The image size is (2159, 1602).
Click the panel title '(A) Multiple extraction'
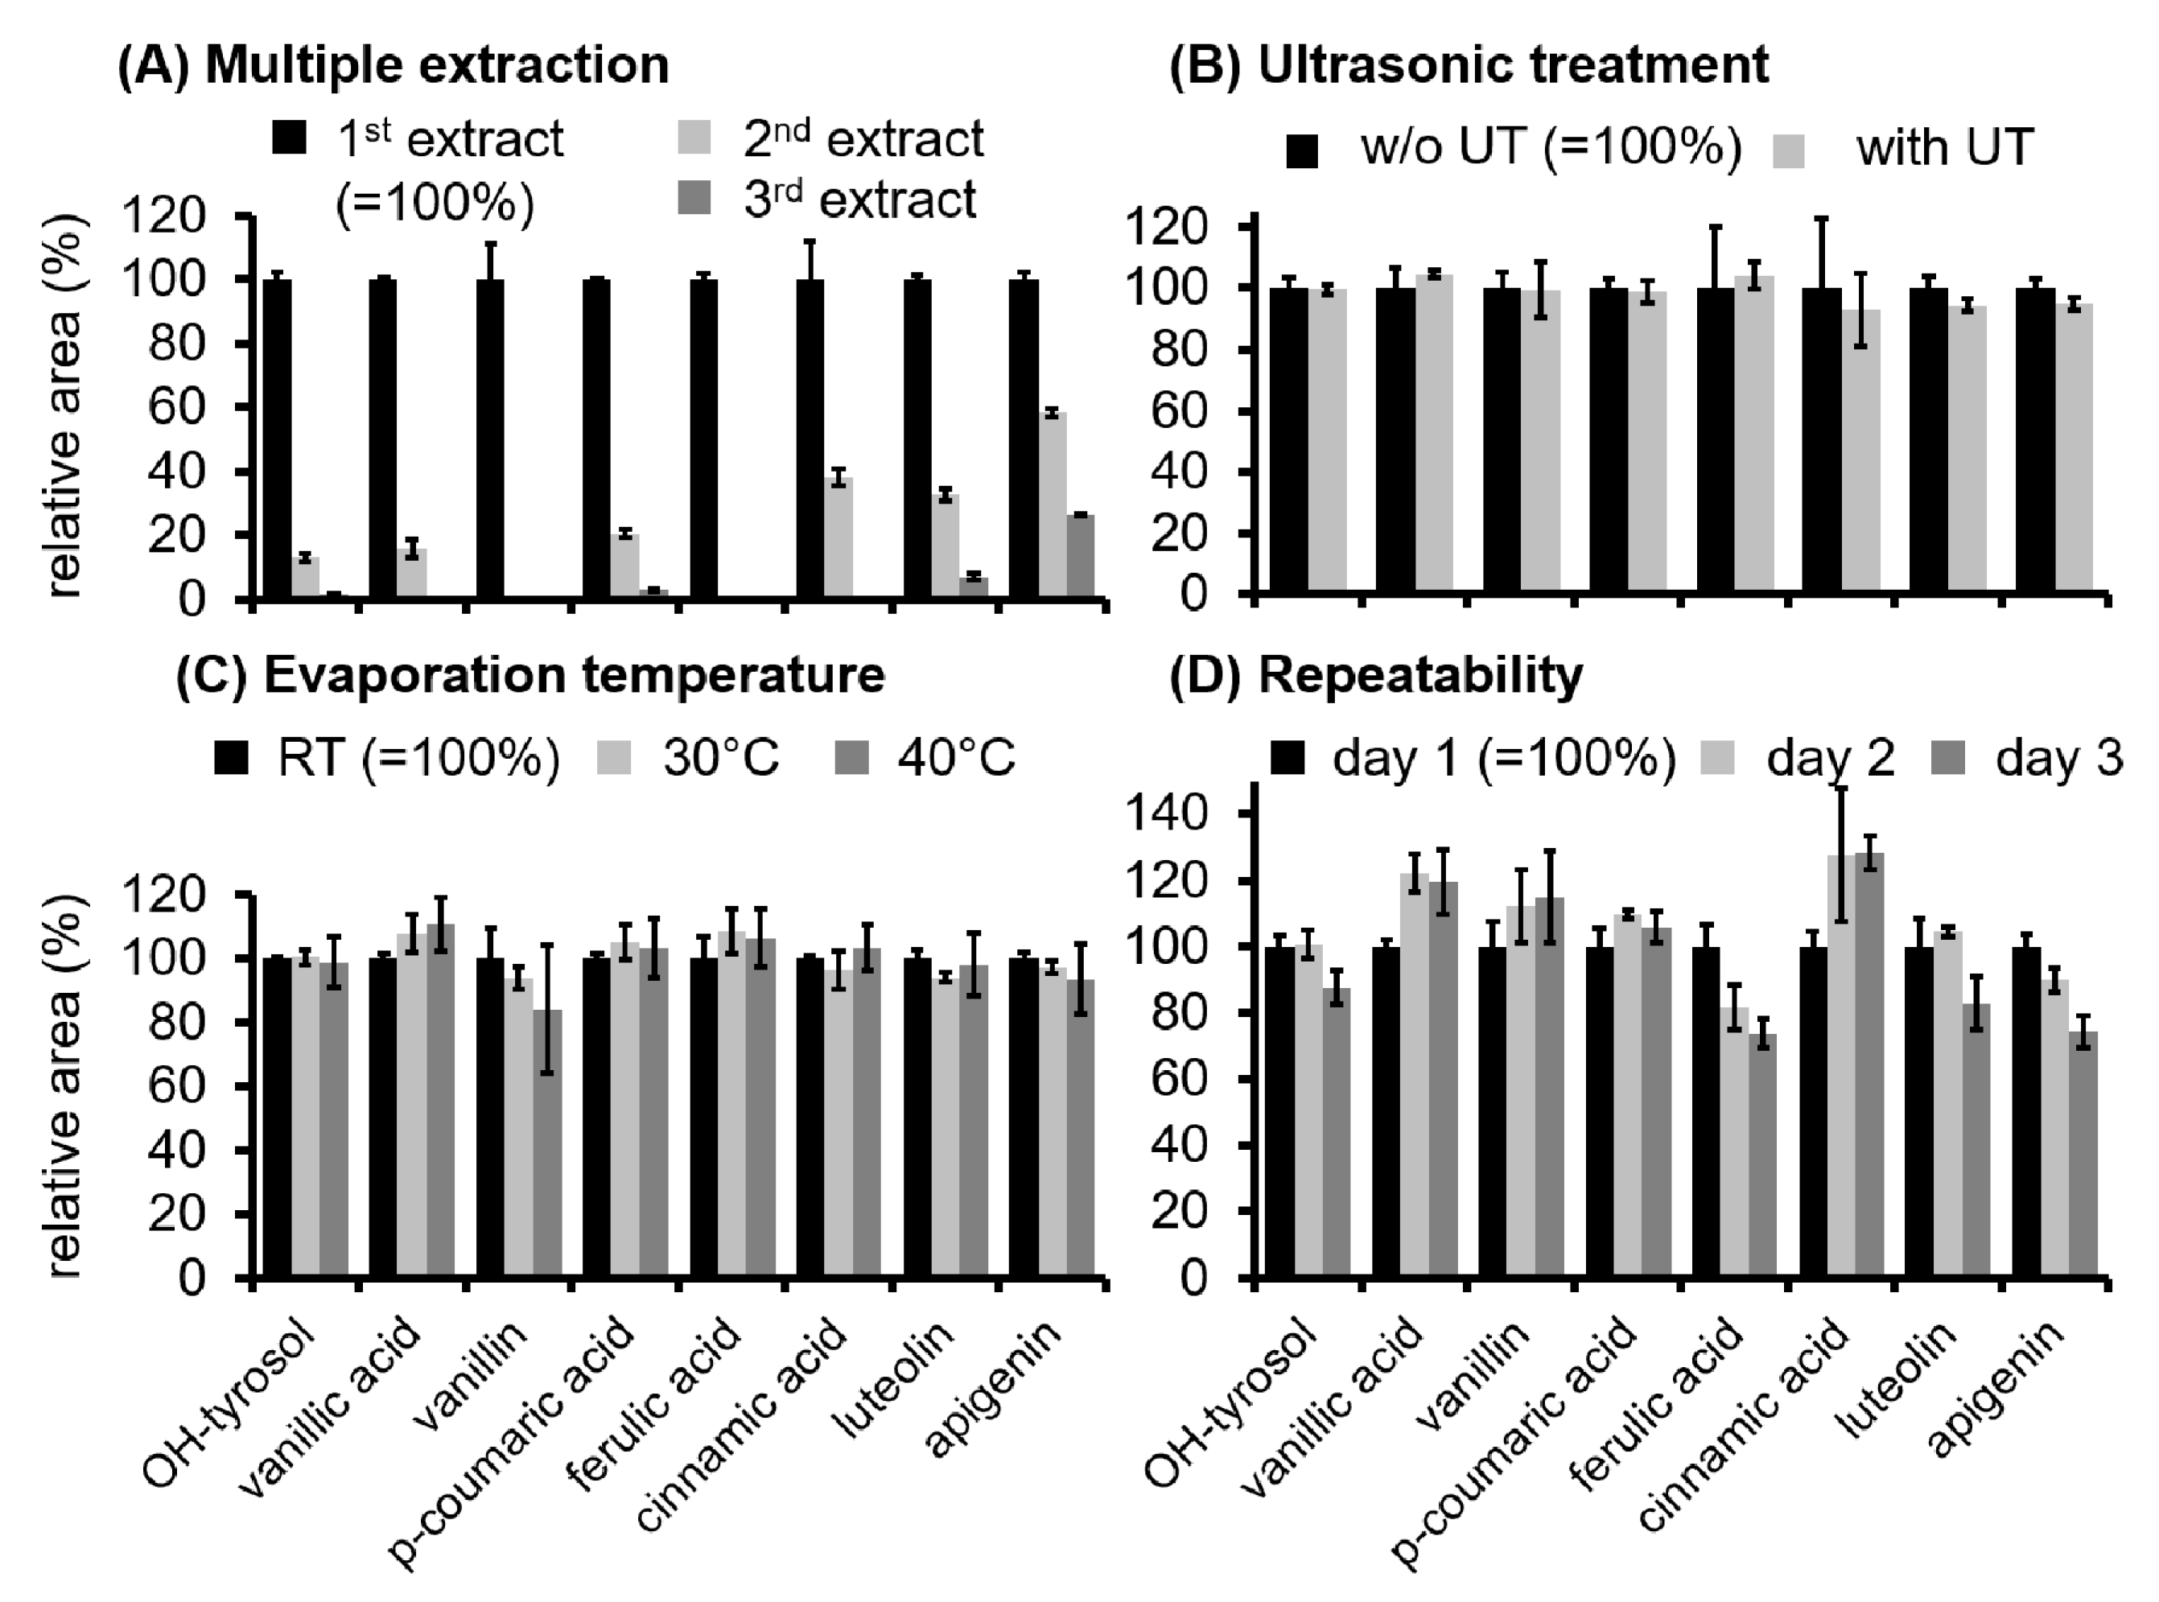[393, 66]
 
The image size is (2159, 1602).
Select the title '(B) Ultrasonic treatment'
[1469, 66]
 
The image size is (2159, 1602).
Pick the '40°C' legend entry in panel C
[955, 757]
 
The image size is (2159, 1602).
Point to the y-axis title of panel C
[62, 1085]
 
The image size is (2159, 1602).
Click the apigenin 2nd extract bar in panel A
[1053, 504]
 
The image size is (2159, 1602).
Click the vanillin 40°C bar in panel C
[547, 1144]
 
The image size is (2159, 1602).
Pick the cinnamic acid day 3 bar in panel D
[1870, 1067]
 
